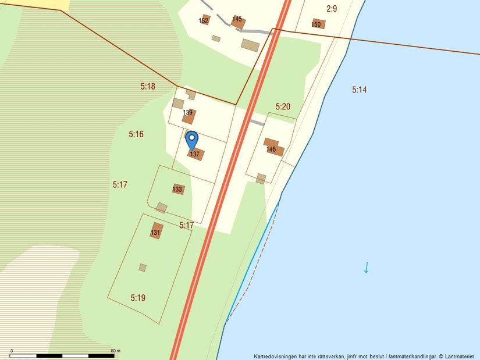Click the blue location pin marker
(x=191, y=140)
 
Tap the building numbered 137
(x=195, y=154)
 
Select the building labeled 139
(x=189, y=116)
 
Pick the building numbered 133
(x=178, y=189)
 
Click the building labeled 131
(x=156, y=231)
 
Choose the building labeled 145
(x=238, y=22)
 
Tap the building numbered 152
(x=205, y=20)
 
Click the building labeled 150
(x=318, y=24)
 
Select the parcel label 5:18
(x=148, y=86)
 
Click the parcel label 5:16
(x=136, y=134)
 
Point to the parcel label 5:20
(x=283, y=106)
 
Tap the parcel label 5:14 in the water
(x=360, y=90)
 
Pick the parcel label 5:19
(x=138, y=298)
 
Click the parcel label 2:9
(x=332, y=9)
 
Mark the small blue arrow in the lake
(x=366, y=268)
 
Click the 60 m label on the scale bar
(x=115, y=351)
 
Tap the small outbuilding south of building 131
(x=143, y=268)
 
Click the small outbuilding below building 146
(x=261, y=179)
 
